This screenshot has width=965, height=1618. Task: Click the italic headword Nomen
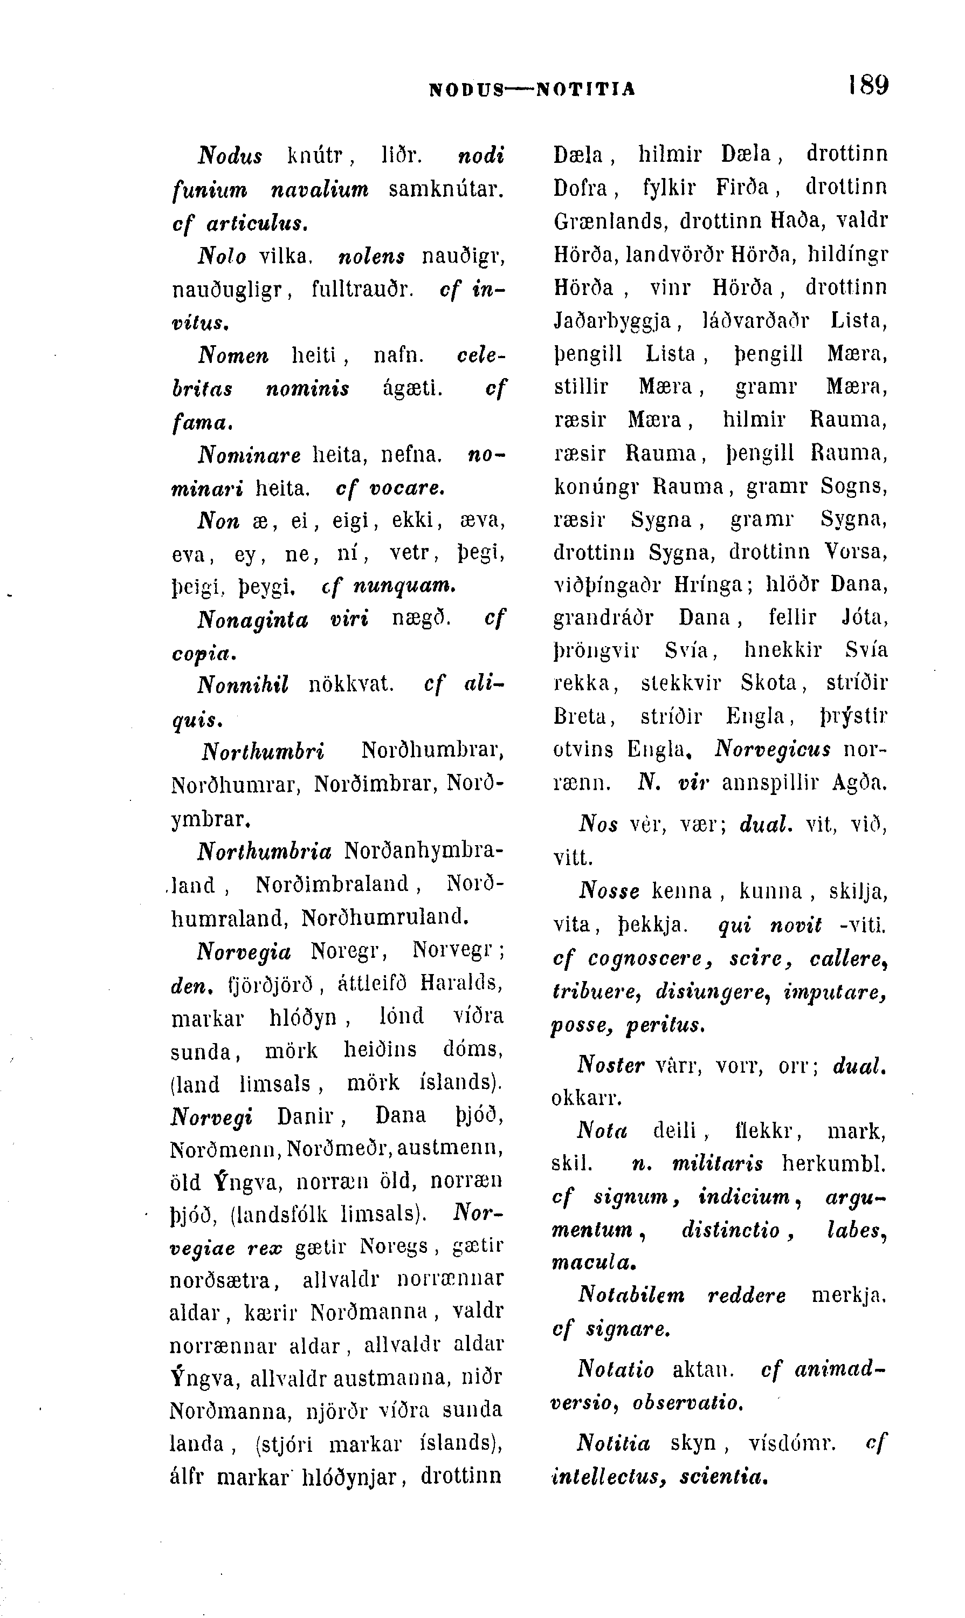click(x=233, y=355)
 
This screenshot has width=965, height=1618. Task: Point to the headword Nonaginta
click(x=253, y=619)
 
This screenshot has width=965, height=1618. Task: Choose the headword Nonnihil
click(x=243, y=684)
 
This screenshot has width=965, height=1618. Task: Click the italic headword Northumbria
click(x=264, y=851)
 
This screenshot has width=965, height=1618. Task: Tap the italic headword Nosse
click(x=609, y=890)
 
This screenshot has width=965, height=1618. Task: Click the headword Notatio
click(x=615, y=1369)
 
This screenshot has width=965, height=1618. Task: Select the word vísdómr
click(x=791, y=1444)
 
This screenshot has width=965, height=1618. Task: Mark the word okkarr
click(x=586, y=1099)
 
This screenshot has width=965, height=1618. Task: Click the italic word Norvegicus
click(x=773, y=750)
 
